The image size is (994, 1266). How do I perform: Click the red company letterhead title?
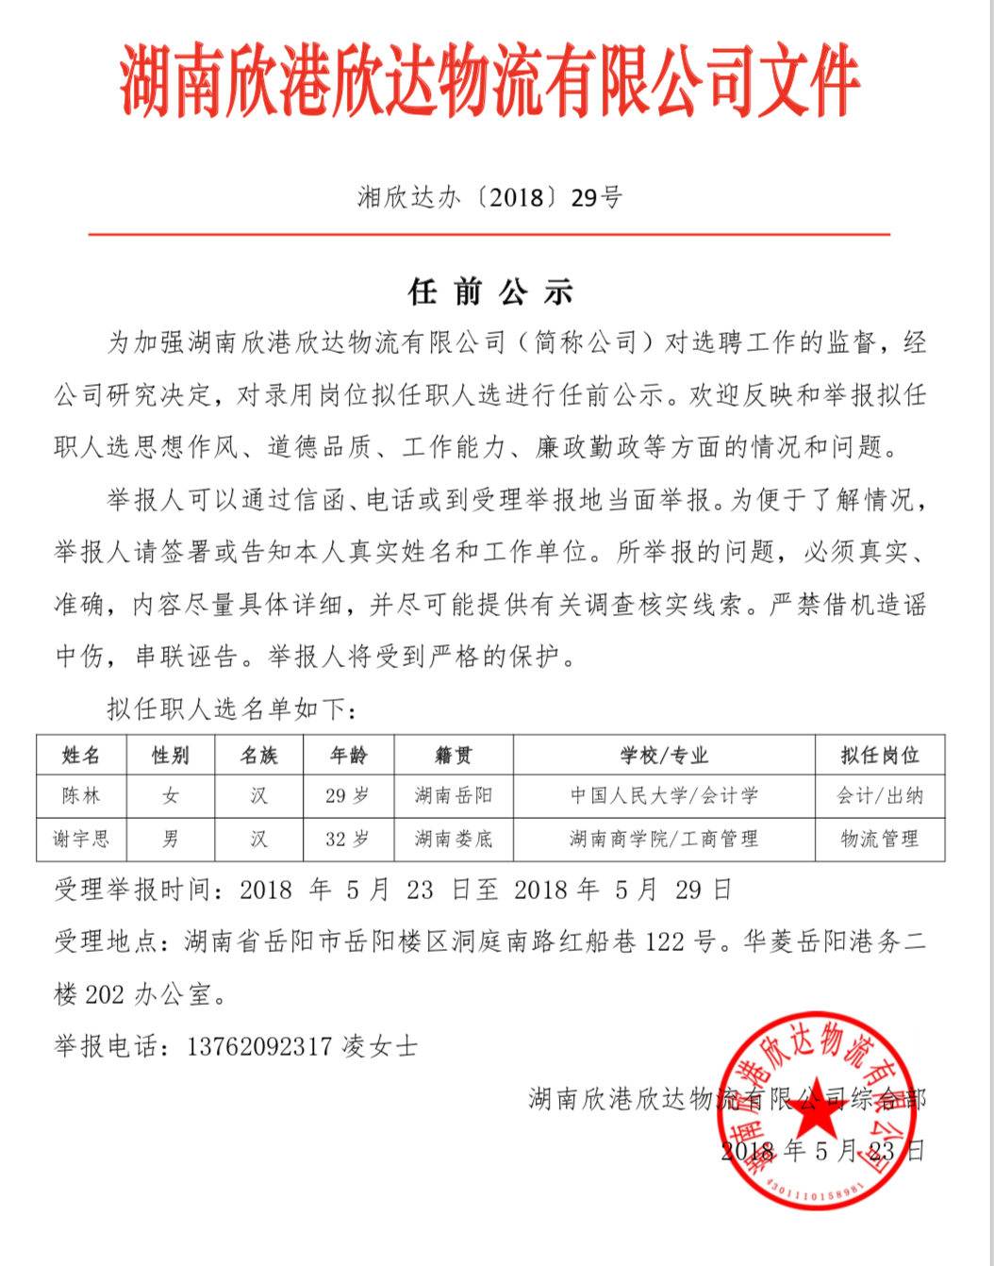[x=489, y=82]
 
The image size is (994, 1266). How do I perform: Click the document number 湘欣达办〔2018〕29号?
[x=489, y=197]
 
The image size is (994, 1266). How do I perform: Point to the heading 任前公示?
[x=490, y=292]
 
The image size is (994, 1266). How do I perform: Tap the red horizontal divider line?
[x=489, y=233]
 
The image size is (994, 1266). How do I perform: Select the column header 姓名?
[x=81, y=755]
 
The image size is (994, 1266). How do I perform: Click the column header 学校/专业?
[x=664, y=755]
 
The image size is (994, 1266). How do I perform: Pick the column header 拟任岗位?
[x=880, y=755]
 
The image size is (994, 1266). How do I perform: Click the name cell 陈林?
[x=81, y=795]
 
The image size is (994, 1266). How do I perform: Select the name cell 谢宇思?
[x=81, y=839]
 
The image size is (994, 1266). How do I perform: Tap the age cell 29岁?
[x=348, y=795]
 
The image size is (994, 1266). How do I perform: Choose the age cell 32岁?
[x=348, y=839]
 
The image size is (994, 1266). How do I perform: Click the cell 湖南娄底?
[x=454, y=839]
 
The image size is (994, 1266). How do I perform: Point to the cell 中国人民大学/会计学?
[x=664, y=795]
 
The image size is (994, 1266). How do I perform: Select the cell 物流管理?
[x=880, y=839]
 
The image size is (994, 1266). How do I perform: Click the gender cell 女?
[x=171, y=795]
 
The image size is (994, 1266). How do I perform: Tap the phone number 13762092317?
[x=259, y=1046]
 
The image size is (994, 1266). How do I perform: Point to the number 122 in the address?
[x=665, y=941]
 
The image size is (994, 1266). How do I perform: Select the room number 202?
[x=105, y=994]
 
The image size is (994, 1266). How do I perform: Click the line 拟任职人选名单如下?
[x=232, y=708]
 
